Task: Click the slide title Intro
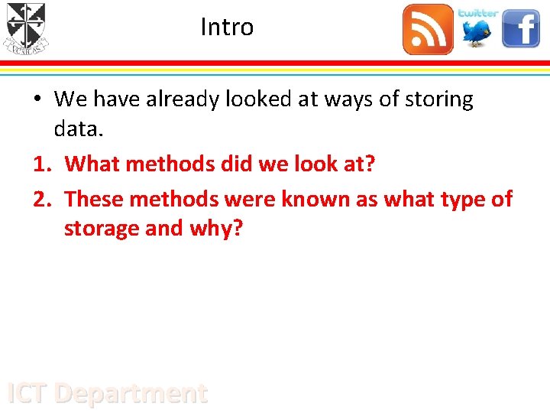227,28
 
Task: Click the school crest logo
26,28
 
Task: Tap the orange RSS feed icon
428,30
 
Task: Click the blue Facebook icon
521,30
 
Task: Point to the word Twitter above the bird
478,13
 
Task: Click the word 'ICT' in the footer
27,393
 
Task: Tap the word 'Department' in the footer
131,393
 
